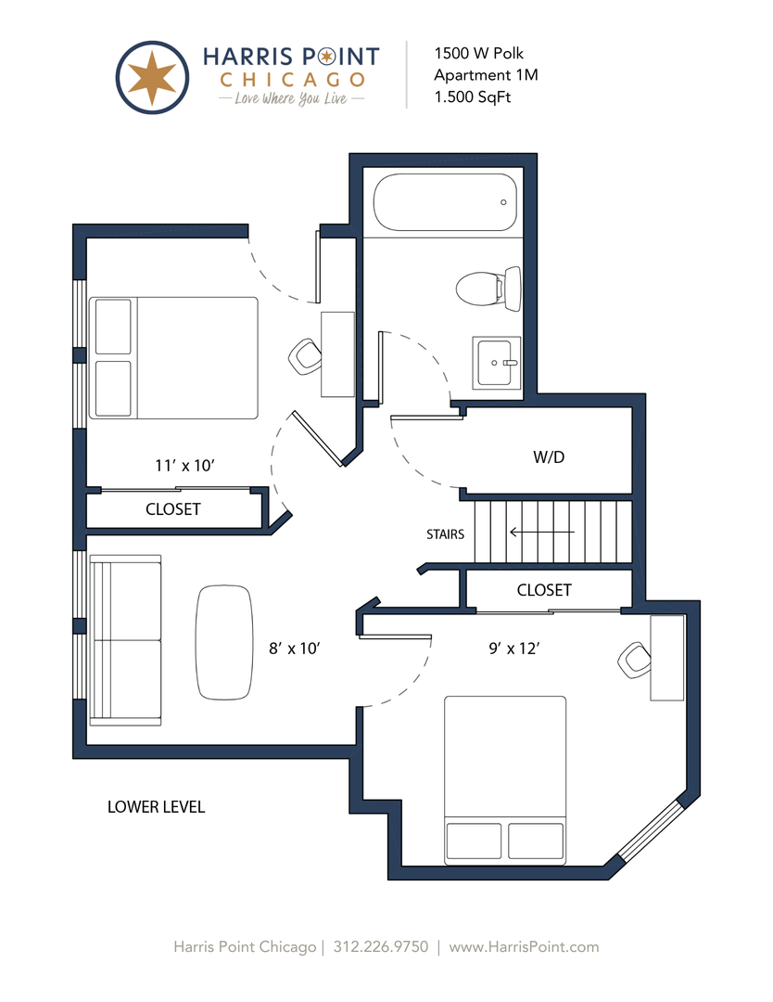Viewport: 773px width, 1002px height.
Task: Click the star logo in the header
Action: [x=152, y=77]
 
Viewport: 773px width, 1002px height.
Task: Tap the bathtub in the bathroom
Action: [x=445, y=202]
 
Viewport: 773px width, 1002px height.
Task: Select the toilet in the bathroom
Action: [x=488, y=289]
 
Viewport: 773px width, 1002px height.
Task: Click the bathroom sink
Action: [x=496, y=363]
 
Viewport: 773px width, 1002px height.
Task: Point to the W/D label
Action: [x=549, y=456]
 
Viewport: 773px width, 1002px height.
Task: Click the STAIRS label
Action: [x=446, y=534]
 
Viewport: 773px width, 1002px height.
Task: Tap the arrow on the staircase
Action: [x=542, y=532]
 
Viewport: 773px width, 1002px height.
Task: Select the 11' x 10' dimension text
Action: [x=184, y=465]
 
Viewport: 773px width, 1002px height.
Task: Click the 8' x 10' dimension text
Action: [x=294, y=649]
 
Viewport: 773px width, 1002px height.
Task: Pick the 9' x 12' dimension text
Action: [x=514, y=649]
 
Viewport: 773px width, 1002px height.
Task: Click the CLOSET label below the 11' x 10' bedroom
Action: [x=173, y=509]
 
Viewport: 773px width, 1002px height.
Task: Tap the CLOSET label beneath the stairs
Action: [x=544, y=590]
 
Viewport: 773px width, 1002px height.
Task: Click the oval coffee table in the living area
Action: [x=224, y=642]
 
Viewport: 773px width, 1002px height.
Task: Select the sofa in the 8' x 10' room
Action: [x=126, y=640]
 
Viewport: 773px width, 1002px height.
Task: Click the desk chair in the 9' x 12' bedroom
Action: [x=635, y=661]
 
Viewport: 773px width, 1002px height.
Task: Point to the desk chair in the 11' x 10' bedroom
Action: [x=305, y=356]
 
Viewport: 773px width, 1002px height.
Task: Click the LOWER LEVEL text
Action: [x=157, y=807]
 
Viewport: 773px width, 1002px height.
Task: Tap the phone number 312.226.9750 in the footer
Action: [x=380, y=946]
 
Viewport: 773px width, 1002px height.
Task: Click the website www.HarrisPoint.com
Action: [x=524, y=946]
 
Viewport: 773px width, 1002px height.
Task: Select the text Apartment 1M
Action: [x=487, y=75]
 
